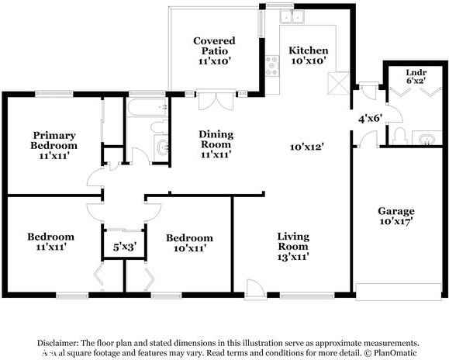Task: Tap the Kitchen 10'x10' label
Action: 308,55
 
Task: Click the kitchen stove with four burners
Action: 272,64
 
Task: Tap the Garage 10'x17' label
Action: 395,216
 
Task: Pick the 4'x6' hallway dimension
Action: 369,119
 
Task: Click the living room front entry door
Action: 253,288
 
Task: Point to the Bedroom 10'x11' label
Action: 188,242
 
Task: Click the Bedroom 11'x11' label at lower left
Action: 50,241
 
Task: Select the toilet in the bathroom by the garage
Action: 399,138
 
